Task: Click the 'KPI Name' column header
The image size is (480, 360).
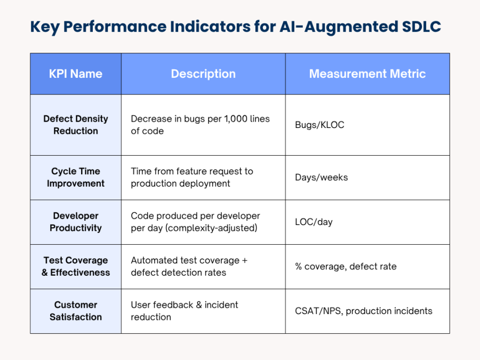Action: click(x=76, y=74)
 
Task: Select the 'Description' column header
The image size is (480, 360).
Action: click(x=203, y=74)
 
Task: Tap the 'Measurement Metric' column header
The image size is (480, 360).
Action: click(x=367, y=74)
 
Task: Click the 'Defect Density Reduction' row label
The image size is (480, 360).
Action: click(x=76, y=125)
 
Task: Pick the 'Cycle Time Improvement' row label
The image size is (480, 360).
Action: click(x=76, y=178)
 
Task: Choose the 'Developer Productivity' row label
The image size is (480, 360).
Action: click(x=76, y=222)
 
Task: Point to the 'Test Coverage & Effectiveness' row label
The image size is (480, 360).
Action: click(x=76, y=267)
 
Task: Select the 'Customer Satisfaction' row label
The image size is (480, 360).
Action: click(x=76, y=311)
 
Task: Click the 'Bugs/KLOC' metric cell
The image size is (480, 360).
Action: click(x=319, y=125)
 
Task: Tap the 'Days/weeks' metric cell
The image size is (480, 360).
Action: click(x=321, y=178)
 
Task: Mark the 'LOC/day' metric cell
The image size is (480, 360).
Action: click(x=314, y=222)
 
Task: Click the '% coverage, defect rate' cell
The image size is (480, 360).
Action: click(x=346, y=267)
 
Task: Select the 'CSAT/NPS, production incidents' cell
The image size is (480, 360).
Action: click(x=363, y=311)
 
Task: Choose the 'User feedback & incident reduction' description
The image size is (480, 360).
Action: click(x=185, y=311)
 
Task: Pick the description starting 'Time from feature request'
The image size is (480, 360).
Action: click(x=192, y=178)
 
